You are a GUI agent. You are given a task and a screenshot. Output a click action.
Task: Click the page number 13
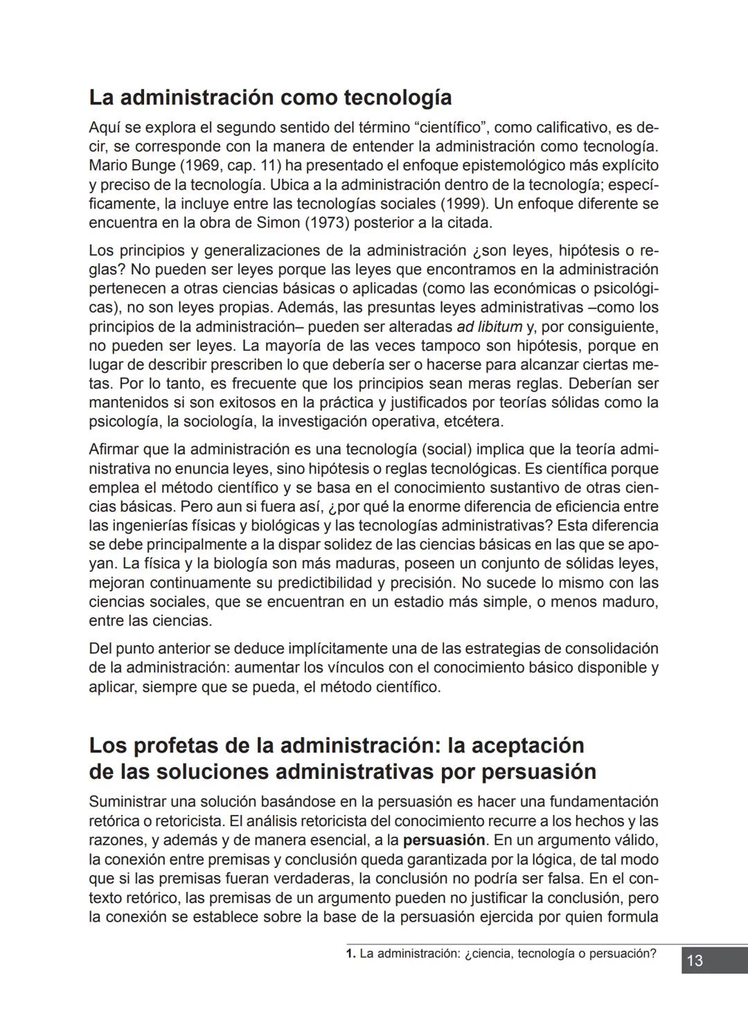pyautogui.click(x=695, y=961)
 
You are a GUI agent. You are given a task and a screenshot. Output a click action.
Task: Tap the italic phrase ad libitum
pyautogui.click(x=489, y=326)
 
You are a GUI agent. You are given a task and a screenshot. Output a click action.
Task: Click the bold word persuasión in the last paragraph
pyautogui.click(x=444, y=841)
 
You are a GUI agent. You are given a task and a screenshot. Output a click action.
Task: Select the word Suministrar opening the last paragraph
pyautogui.click(x=127, y=802)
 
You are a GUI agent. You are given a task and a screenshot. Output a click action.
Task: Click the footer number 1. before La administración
pyautogui.click(x=350, y=953)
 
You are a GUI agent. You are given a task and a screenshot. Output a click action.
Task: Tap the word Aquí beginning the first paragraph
pyautogui.click(x=104, y=128)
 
